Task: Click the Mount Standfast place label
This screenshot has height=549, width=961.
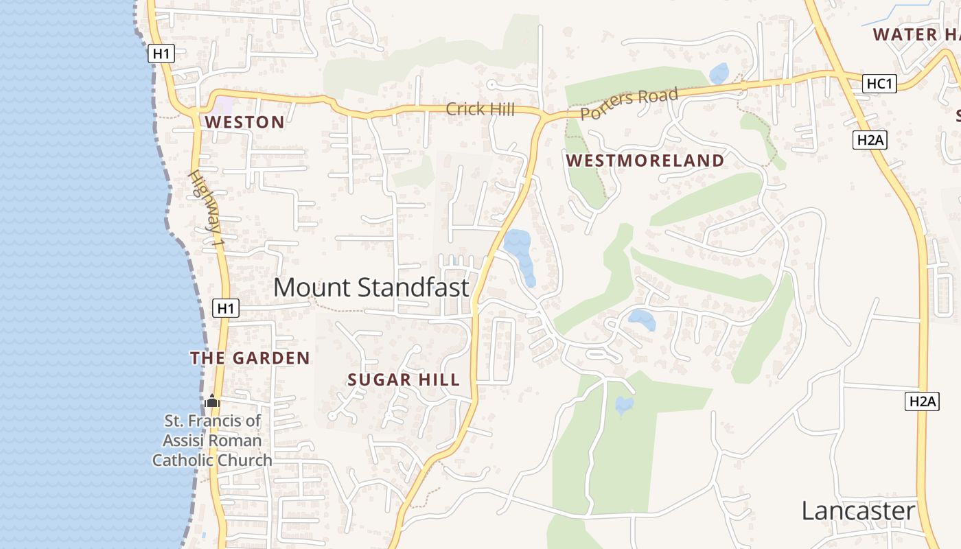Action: [371, 288]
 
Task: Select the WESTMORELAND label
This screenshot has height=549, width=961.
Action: [645, 161]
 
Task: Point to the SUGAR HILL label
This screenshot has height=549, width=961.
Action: [403, 380]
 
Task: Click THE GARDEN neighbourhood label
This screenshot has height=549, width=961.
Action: [250, 358]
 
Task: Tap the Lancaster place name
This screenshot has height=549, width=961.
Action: [858, 511]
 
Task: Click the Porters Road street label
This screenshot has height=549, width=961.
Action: [629, 103]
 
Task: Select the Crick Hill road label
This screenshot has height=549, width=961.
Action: [480, 109]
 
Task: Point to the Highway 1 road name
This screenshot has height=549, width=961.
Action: [207, 209]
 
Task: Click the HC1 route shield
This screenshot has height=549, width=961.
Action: [880, 84]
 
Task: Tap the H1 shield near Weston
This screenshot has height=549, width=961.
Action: [161, 54]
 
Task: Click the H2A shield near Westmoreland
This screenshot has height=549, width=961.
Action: [870, 141]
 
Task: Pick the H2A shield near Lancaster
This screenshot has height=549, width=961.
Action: [921, 401]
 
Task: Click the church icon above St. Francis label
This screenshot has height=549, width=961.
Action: [212, 401]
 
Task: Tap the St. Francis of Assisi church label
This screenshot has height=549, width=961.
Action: [212, 441]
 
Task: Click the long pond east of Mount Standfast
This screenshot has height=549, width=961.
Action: [520, 255]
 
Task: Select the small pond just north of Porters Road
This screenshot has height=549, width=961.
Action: [719, 73]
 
